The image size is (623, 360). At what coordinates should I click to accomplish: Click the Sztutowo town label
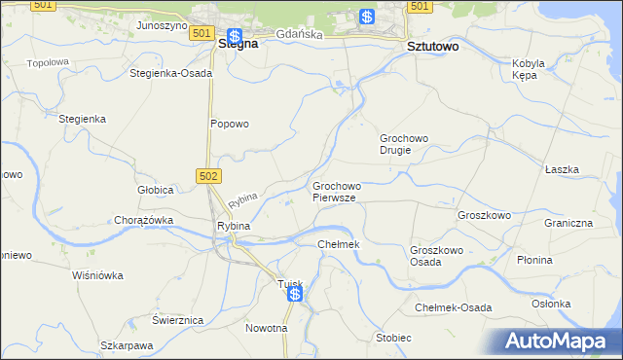(431, 46)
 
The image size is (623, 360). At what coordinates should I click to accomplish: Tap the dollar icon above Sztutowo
(367, 17)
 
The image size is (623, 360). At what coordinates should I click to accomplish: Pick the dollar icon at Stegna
(235, 35)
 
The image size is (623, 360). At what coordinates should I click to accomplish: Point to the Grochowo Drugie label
(404, 144)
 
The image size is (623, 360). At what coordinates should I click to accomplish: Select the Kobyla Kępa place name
(527, 69)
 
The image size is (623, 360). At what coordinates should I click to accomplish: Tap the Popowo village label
(231, 124)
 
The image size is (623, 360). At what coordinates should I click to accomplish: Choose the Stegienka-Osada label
(170, 73)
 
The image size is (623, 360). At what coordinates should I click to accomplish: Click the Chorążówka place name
(143, 220)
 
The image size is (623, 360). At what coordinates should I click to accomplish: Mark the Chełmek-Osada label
(453, 307)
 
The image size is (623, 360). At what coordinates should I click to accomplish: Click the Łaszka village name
(562, 169)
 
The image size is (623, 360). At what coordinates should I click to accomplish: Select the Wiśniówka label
(98, 275)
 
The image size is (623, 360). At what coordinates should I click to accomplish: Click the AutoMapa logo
(563, 342)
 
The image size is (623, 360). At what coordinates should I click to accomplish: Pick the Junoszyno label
(162, 25)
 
